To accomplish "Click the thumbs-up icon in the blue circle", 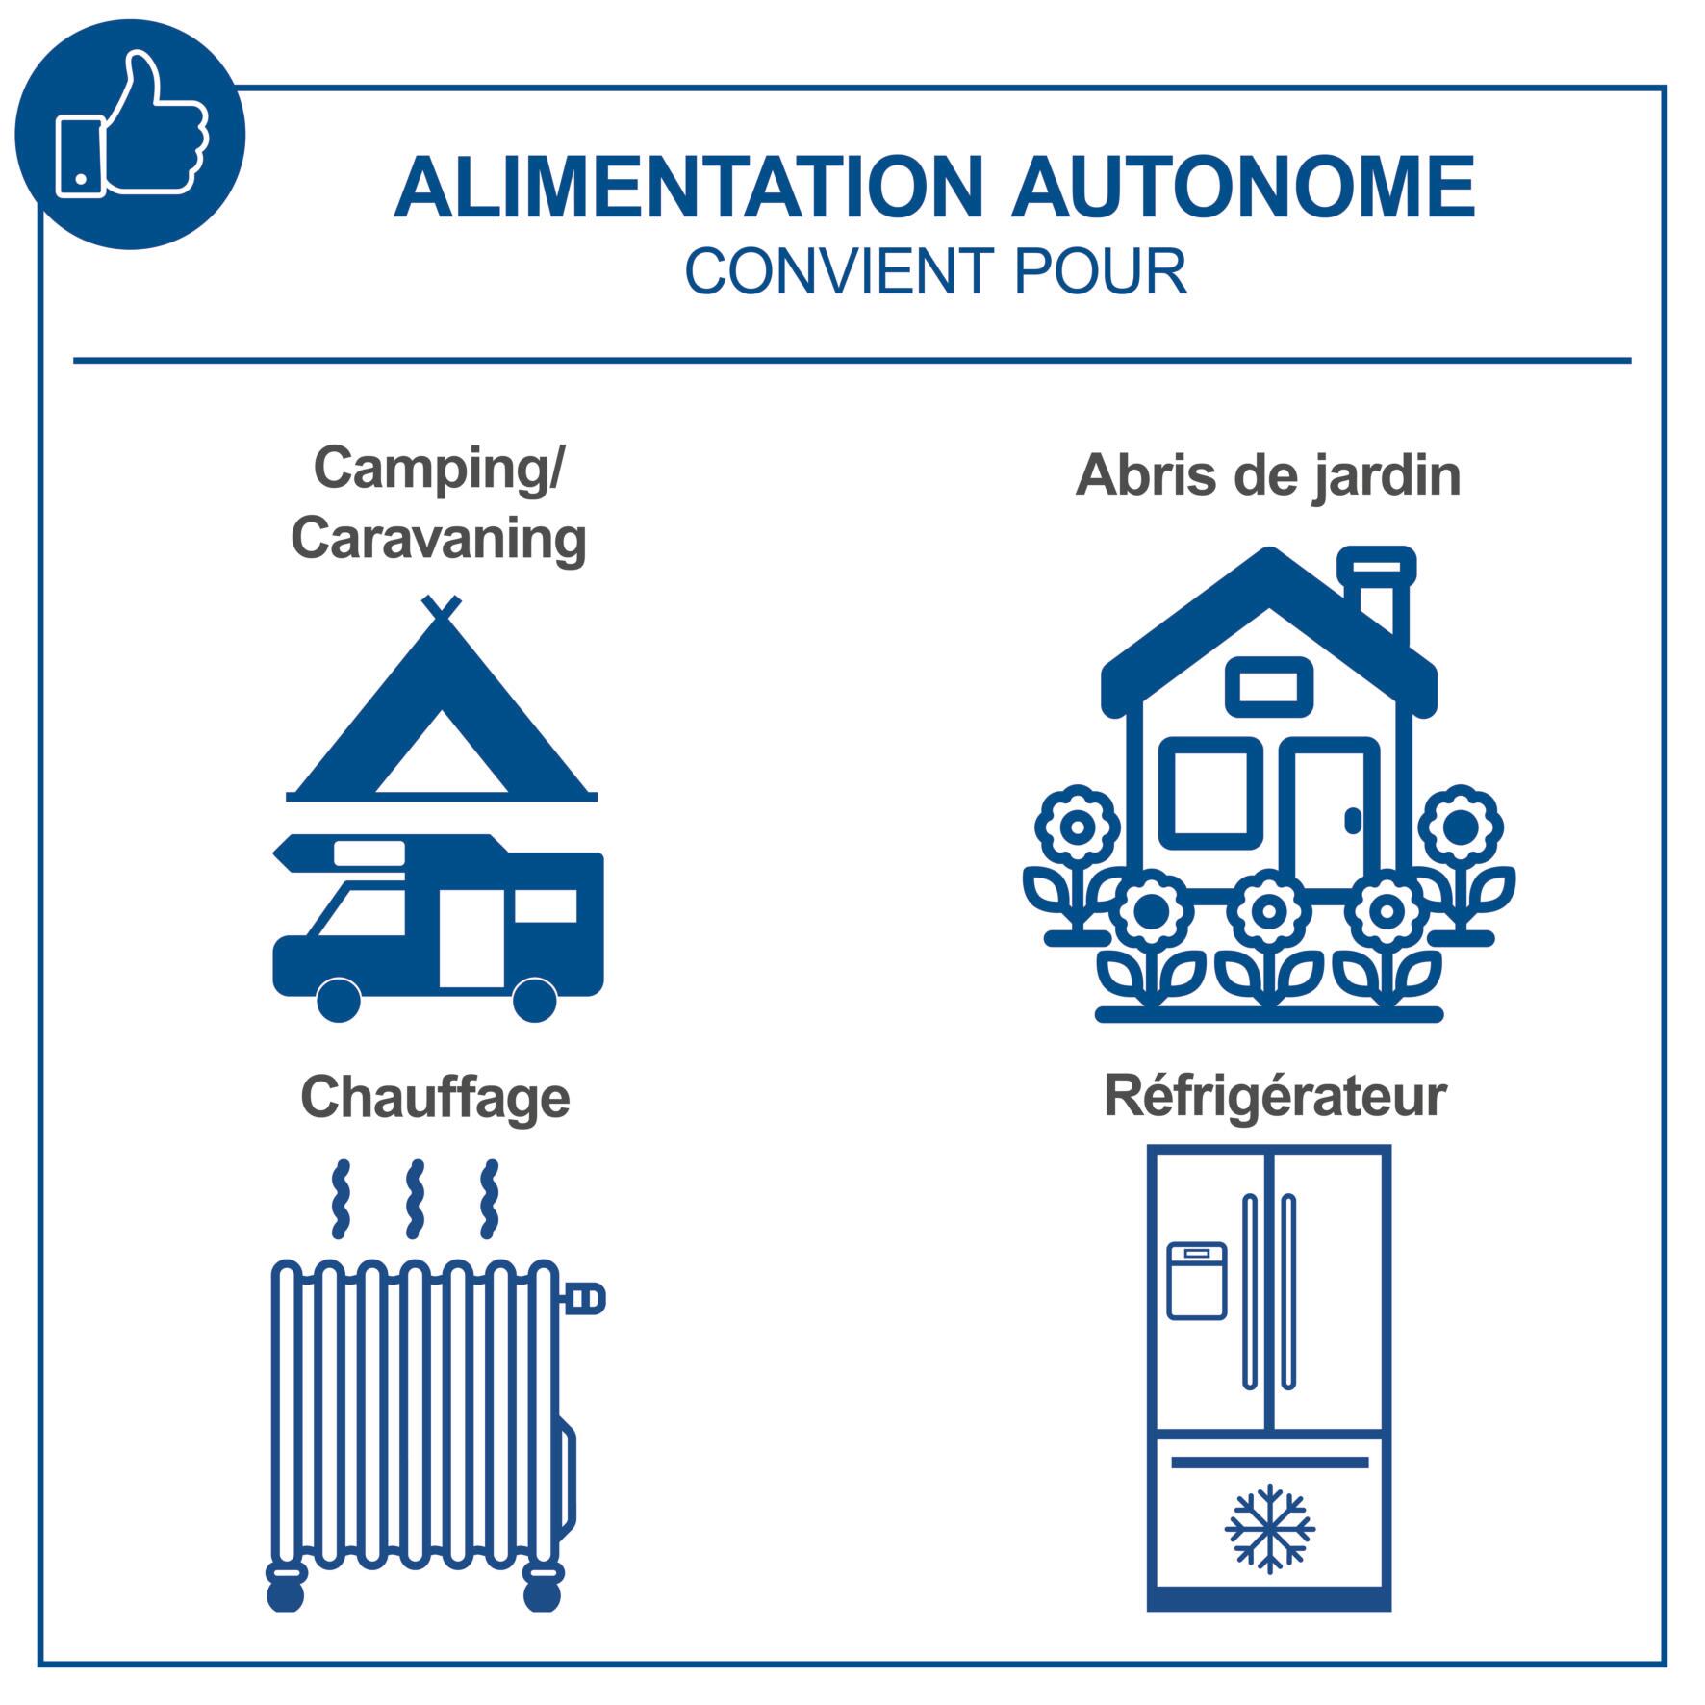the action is (132, 125).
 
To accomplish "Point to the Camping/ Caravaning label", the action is (439, 503).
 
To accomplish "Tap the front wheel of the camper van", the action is (338, 999).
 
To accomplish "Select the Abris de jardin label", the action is (1267, 475).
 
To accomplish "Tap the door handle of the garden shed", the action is (1353, 821).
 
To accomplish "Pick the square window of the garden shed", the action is (1211, 794).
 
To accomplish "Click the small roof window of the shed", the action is (1268, 687).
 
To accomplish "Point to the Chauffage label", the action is (435, 1098).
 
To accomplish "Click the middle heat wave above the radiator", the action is (415, 1199).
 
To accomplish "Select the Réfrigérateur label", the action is (1275, 1095).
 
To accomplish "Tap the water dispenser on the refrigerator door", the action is (1197, 1281).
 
